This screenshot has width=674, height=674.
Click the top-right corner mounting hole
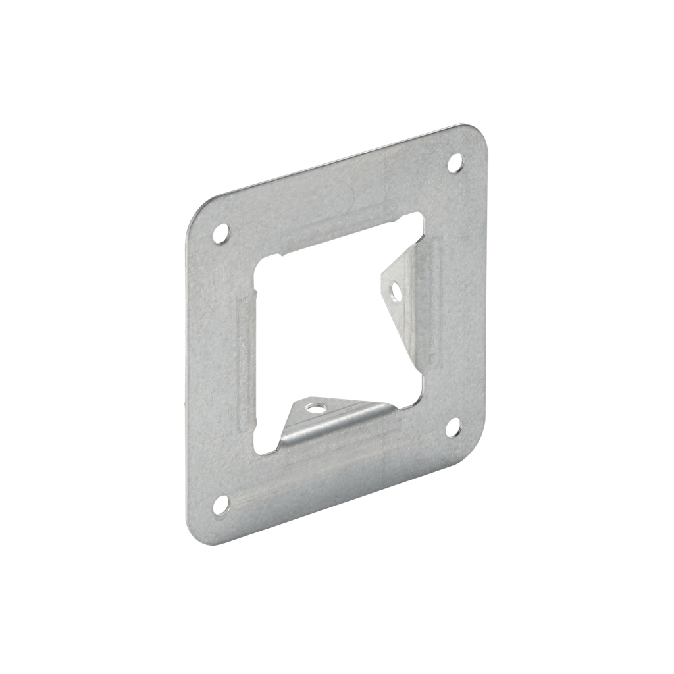coord(455,162)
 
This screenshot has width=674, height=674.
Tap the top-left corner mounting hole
coord(221,234)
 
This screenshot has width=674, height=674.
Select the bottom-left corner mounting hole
coord(221,504)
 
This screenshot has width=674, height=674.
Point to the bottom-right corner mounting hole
coord(454,427)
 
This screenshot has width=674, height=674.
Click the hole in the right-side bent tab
coord(395,290)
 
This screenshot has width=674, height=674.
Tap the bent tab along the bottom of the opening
coord(329,421)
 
